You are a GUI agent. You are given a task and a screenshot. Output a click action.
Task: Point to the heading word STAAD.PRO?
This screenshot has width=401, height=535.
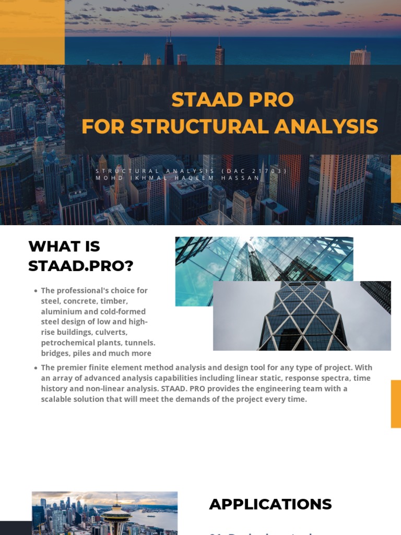click(81, 266)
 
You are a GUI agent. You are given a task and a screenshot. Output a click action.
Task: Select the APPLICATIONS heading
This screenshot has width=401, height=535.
click(270, 504)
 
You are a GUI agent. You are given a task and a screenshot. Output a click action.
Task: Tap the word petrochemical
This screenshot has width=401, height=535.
click(69, 343)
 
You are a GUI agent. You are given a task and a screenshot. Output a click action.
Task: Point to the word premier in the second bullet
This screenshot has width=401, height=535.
click(74, 368)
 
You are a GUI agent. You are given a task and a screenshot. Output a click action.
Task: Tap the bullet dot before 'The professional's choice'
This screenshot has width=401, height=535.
click(35, 291)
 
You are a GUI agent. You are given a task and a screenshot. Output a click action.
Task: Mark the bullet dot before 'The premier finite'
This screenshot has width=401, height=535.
click(35, 368)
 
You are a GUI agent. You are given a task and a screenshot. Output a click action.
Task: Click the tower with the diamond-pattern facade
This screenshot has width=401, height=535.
click(303, 319)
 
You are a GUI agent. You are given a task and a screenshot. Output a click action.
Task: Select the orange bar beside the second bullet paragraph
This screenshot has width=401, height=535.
click(396, 404)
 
